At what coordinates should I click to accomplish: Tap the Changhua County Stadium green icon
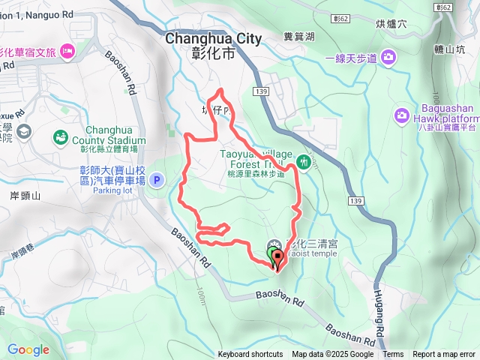60,138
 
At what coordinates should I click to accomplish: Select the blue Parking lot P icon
157,180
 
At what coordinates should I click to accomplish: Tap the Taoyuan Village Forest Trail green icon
303,160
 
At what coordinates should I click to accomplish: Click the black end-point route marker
277,260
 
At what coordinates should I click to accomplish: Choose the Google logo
28,349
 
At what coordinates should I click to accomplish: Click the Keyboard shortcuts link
250,355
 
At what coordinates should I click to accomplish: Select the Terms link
393,355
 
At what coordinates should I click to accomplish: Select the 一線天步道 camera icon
388,57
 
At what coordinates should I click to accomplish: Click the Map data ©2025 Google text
332,355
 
